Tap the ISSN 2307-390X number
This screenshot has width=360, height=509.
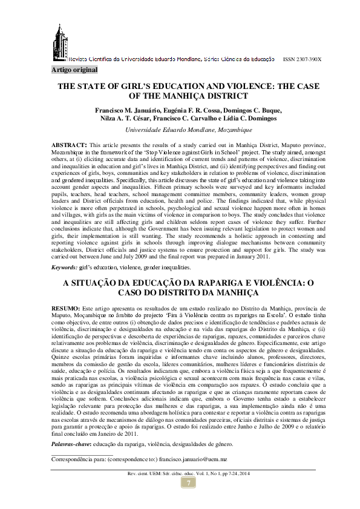(302, 59)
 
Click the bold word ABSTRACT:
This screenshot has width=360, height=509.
(68, 146)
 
